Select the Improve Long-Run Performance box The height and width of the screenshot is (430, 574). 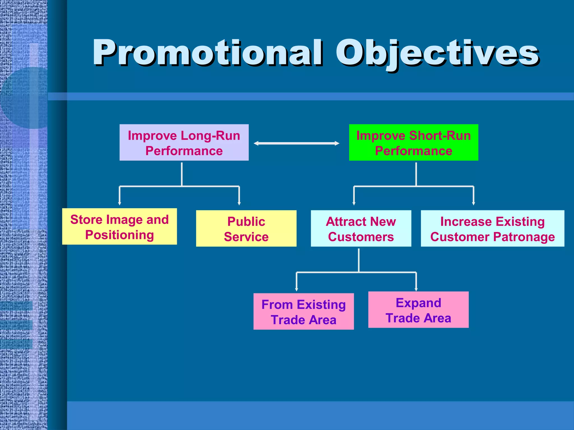[184, 142]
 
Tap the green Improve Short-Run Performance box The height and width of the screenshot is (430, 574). [413, 142]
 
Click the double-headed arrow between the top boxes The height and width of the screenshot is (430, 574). [296, 143]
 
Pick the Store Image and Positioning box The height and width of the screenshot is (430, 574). [119, 226]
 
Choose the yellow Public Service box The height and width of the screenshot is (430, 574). [246, 228]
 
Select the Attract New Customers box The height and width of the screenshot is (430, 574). [361, 228]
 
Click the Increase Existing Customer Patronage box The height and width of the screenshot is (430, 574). [492, 228]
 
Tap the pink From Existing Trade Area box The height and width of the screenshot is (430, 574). [304, 312]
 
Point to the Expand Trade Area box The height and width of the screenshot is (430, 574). [418, 310]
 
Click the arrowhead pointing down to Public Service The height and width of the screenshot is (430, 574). [239, 203]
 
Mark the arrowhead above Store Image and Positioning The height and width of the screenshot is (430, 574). [120, 203]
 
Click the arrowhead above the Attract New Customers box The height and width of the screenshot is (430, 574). [354, 203]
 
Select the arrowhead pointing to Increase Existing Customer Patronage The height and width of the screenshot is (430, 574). [473, 203]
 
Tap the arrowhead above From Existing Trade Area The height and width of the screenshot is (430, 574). [297, 289]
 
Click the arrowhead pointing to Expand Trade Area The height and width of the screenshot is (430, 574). [416, 289]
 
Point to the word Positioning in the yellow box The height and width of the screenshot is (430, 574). [119, 235]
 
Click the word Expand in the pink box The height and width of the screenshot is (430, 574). [418, 303]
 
